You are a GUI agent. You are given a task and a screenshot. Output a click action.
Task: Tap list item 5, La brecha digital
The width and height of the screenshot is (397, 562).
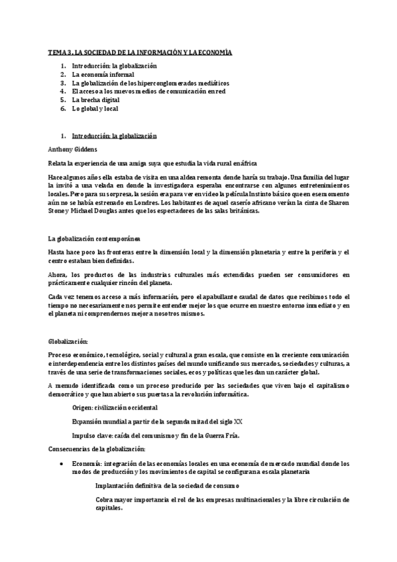(100, 99)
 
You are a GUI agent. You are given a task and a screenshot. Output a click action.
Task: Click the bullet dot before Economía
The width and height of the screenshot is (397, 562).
(61, 464)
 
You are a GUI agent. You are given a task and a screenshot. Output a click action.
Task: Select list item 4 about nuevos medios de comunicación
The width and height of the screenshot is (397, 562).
(149, 91)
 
